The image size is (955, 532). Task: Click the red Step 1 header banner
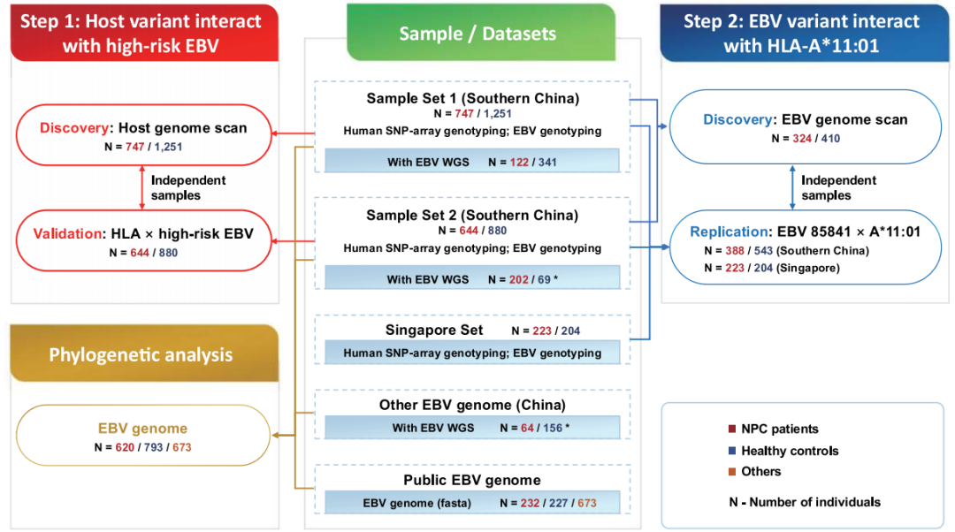point(144,33)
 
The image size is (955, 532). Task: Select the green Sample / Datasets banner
point(481,33)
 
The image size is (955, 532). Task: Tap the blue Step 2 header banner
point(804,33)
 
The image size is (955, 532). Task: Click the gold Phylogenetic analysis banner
point(144,353)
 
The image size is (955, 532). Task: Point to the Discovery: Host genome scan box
point(144,135)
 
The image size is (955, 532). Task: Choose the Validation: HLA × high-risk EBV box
point(144,241)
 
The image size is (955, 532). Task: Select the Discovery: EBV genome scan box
point(806,127)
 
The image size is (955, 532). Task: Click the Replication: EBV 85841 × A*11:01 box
point(806,247)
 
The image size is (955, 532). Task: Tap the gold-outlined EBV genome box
point(143,435)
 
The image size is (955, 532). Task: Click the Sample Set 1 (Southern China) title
point(472,98)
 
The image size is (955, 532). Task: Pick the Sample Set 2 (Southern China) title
point(472,215)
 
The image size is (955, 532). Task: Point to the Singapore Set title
point(434,330)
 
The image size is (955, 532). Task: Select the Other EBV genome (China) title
point(472,405)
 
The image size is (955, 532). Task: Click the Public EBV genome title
point(472,480)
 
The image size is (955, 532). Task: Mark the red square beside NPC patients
point(732,429)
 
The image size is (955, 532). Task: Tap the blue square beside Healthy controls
point(732,451)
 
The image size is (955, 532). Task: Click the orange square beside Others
point(732,471)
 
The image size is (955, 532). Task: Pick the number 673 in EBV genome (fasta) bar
point(587,504)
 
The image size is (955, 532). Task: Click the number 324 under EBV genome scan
point(802,138)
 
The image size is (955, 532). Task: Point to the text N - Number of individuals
point(805,502)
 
